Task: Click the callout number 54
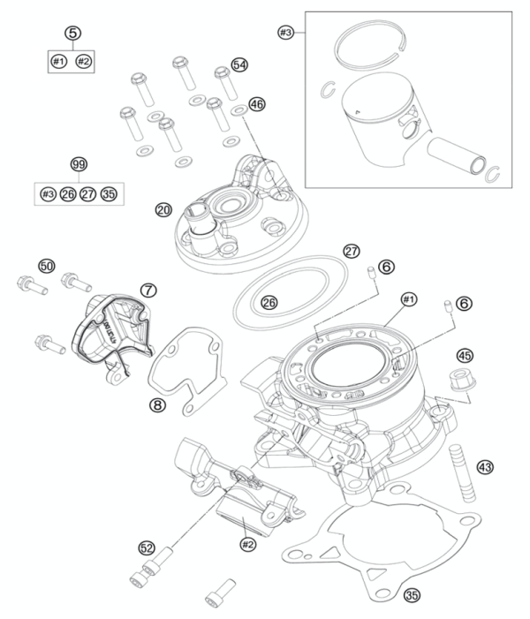pyautogui.click(x=239, y=65)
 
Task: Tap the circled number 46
pyautogui.click(x=257, y=104)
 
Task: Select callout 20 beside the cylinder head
pyautogui.click(x=163, y=210)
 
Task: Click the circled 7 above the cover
pyautogui.click(x=148, y=290)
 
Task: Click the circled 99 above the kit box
pyautogui.click(x=79, y=165)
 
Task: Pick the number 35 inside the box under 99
pyautogui.click(x=110, y=193)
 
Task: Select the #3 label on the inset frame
pyautogui.click(x=284, y=33)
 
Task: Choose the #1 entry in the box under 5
pyautogui.click(x=58, y=62)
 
